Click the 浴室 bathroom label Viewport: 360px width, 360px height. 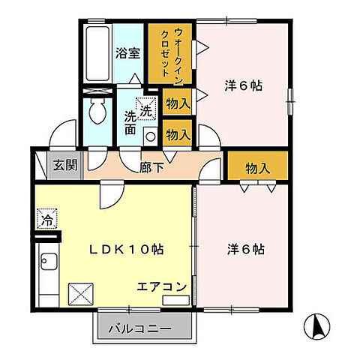[x=127, y=54]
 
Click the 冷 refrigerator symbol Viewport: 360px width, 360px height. [x=44, y=221]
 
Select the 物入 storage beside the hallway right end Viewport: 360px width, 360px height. [x=257, y=168]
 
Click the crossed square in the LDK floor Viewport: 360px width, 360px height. [x=79, y=292]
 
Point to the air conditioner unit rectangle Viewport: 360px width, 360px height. [x=175, y=301]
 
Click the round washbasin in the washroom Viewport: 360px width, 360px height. [x=149, y=136]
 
